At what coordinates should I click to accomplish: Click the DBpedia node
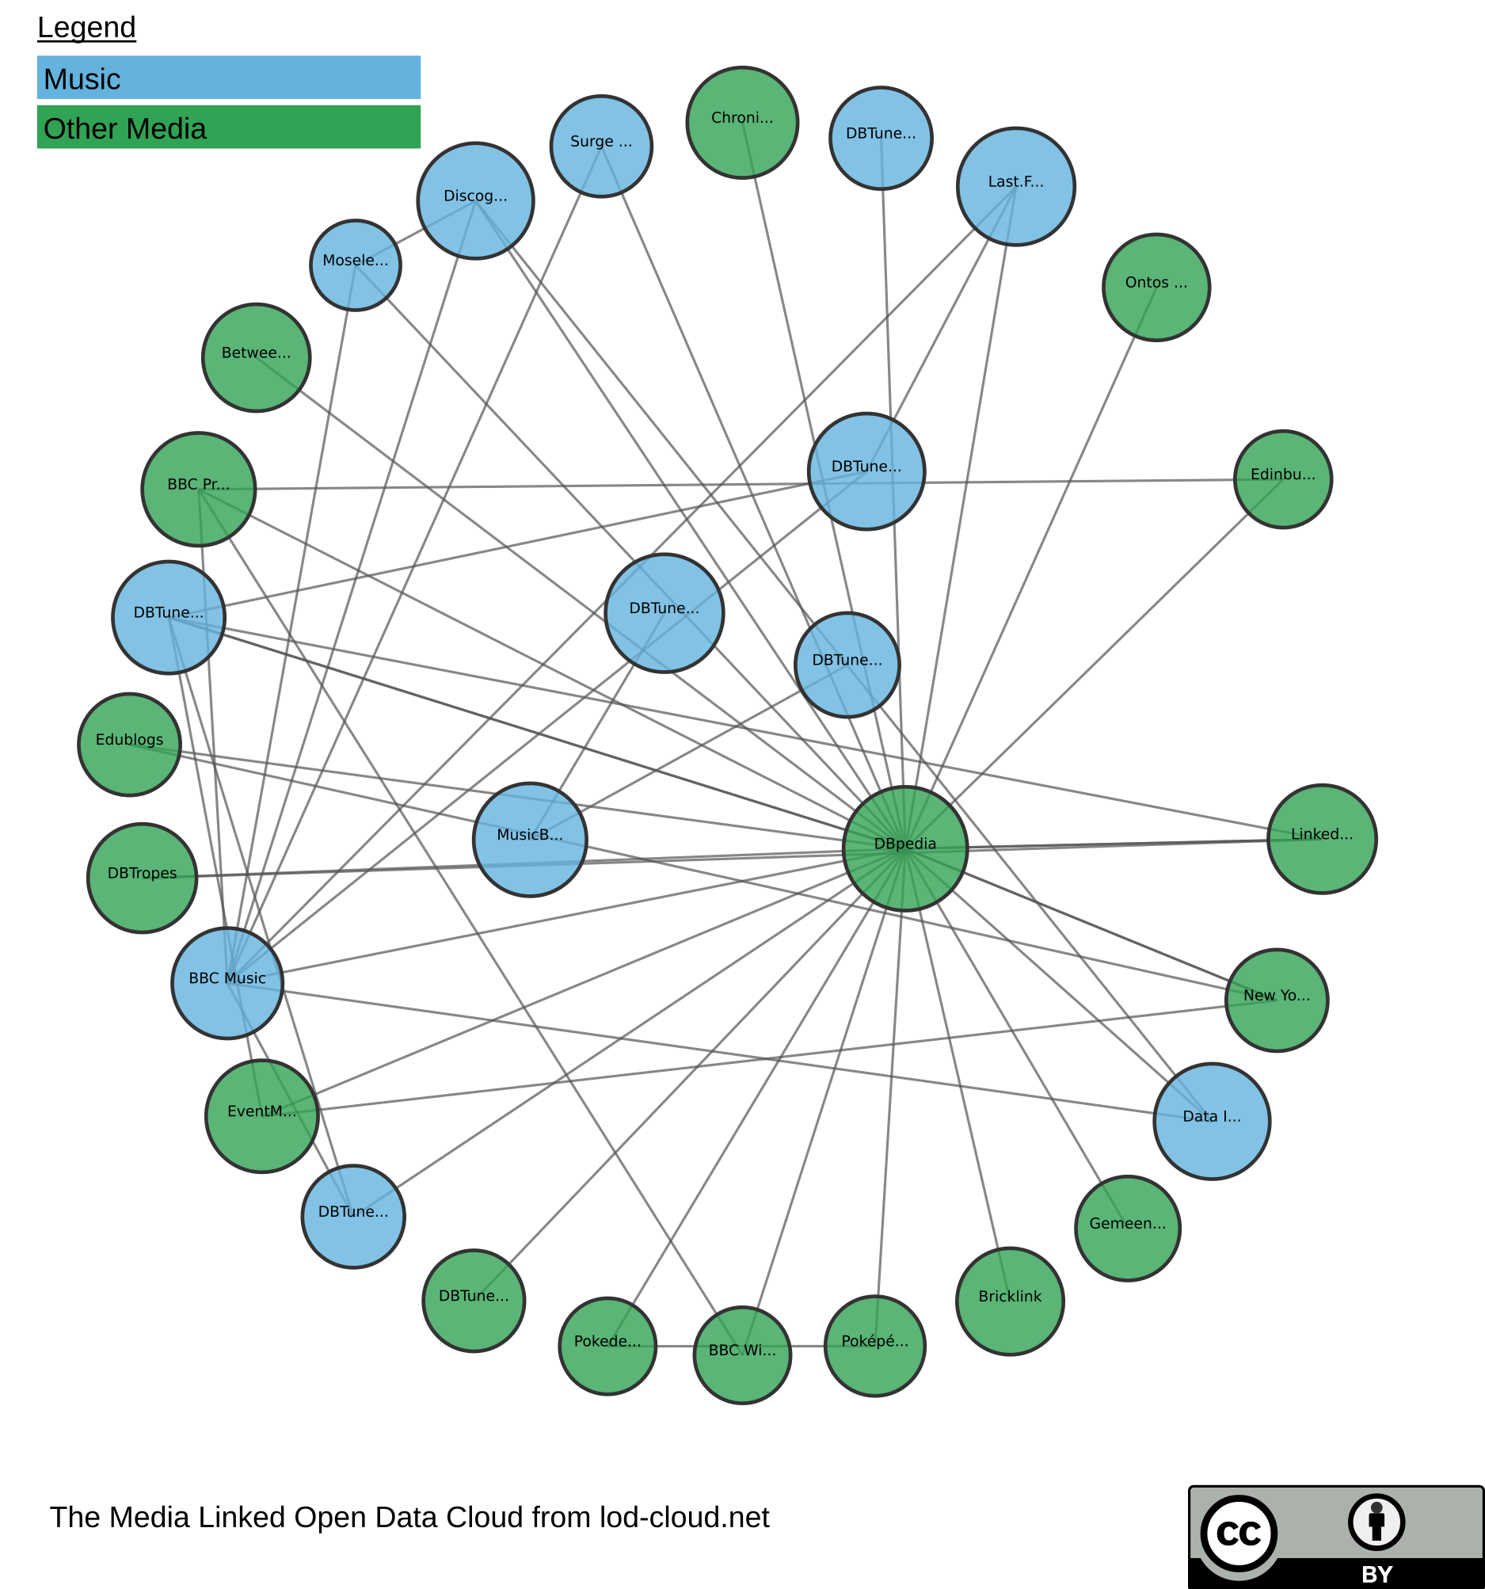coord(904,849)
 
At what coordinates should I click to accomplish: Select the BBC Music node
coord(228,983)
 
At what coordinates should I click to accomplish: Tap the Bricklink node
coord(1010,1301)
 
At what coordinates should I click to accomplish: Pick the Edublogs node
coord(129,744)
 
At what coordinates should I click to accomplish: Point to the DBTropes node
coord(143,878)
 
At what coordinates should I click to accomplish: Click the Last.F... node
coord(1015,186)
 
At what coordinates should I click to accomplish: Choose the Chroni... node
coord(741,122)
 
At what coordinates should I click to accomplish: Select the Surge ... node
coord(601,147)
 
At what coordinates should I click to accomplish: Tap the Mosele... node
coord(355,265)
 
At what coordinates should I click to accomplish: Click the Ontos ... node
coord(1156,287)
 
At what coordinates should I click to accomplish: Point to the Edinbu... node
coord(1282,478)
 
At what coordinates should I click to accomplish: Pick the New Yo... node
coord(1277,1000)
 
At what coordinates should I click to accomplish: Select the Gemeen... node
coord(1127,1228)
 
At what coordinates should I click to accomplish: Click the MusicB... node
coord(530,840)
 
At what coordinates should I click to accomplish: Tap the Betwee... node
coord(256,357)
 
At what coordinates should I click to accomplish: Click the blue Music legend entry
coord(229,78)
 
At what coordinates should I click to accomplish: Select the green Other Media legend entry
coord(229,127)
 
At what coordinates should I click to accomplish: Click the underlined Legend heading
coord(86,28)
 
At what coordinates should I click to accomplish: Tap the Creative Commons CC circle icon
coord(1238,1534)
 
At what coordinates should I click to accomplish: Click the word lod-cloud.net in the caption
coord(684,1517)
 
